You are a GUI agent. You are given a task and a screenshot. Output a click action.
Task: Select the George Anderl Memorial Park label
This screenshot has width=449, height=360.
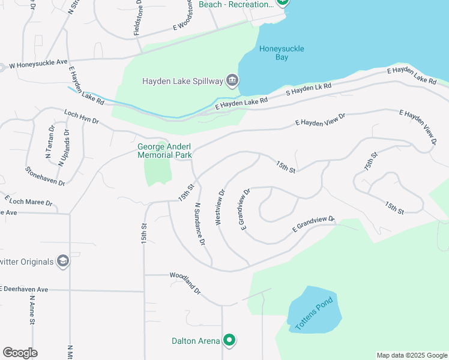[164, 151]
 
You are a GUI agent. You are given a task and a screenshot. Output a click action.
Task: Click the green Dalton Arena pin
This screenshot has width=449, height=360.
[229, 341]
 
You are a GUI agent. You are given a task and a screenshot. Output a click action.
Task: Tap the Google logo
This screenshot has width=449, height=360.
[20, 353]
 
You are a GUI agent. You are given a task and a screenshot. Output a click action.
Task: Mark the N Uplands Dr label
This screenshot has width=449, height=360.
[64, 148]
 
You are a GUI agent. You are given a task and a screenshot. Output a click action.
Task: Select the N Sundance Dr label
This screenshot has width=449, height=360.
[200, 224]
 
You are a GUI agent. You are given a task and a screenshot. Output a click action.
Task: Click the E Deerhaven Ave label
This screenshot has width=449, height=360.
[24, 289]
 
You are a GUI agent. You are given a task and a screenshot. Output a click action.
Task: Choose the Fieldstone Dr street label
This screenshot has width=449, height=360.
[139, 18]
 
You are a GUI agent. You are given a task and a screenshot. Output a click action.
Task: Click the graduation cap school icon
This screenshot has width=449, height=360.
[62, 261]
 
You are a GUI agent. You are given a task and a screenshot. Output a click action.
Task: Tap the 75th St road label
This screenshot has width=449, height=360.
[371, 163]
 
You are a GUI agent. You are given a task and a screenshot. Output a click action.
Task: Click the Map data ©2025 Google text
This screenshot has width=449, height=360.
[411, 355]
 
